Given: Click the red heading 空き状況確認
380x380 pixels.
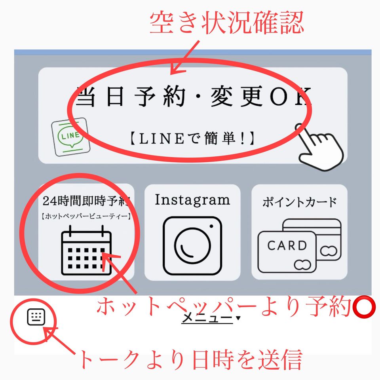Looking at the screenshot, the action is click(x=226, y=23).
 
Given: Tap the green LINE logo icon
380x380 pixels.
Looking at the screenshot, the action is click(x=70, y=137).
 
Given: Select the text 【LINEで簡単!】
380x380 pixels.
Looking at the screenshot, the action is click(x=193, y=139).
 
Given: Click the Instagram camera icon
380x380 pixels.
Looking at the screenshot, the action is click(x=192, y=245).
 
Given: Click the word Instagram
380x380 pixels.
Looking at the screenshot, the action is click(x=192, y=200).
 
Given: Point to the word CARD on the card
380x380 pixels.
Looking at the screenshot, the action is click(x=287, y=245).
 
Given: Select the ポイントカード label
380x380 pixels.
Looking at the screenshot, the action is click(x=300, y=202).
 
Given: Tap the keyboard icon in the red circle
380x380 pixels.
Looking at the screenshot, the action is click(x=36, y=317).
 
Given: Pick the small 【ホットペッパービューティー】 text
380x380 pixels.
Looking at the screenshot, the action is click(x=86, y=216).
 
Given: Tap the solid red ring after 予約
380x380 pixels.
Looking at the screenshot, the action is click(x=363, y=306).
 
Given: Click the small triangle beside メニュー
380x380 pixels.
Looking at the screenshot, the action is click(x=238, y=318).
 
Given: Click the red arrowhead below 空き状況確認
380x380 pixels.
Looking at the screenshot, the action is click(x=177, y=69).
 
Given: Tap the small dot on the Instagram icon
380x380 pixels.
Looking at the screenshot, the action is click(x=211, y=226).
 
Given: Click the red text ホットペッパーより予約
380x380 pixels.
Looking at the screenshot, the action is click(x=224, y=306).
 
